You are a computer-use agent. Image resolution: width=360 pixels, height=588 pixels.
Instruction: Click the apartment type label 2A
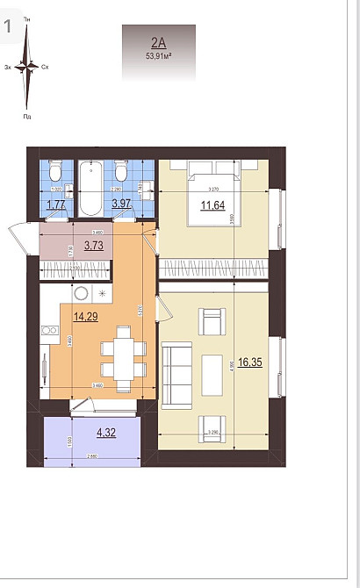tap(158, 41)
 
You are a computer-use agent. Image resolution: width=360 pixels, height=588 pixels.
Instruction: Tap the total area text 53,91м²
tap(158, 54)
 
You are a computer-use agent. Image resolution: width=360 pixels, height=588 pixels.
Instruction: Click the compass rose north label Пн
tap(26, 18)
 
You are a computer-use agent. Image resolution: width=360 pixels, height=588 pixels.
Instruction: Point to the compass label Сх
tap(45, 67)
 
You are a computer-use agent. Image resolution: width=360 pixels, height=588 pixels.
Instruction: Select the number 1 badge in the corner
tap(8, 26)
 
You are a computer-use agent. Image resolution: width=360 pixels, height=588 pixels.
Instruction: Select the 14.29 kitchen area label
tap(85, 317)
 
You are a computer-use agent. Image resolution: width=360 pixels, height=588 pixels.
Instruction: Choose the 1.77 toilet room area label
tap(55, 205)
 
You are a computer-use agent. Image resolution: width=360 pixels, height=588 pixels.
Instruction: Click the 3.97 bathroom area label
tap(121, 205)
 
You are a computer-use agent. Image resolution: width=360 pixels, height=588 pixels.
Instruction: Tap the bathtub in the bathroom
tap(90, 187)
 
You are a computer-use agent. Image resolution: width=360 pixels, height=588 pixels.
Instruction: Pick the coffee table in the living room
tap(212, 374)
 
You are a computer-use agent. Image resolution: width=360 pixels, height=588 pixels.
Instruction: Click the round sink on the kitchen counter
tap(80, 293)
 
